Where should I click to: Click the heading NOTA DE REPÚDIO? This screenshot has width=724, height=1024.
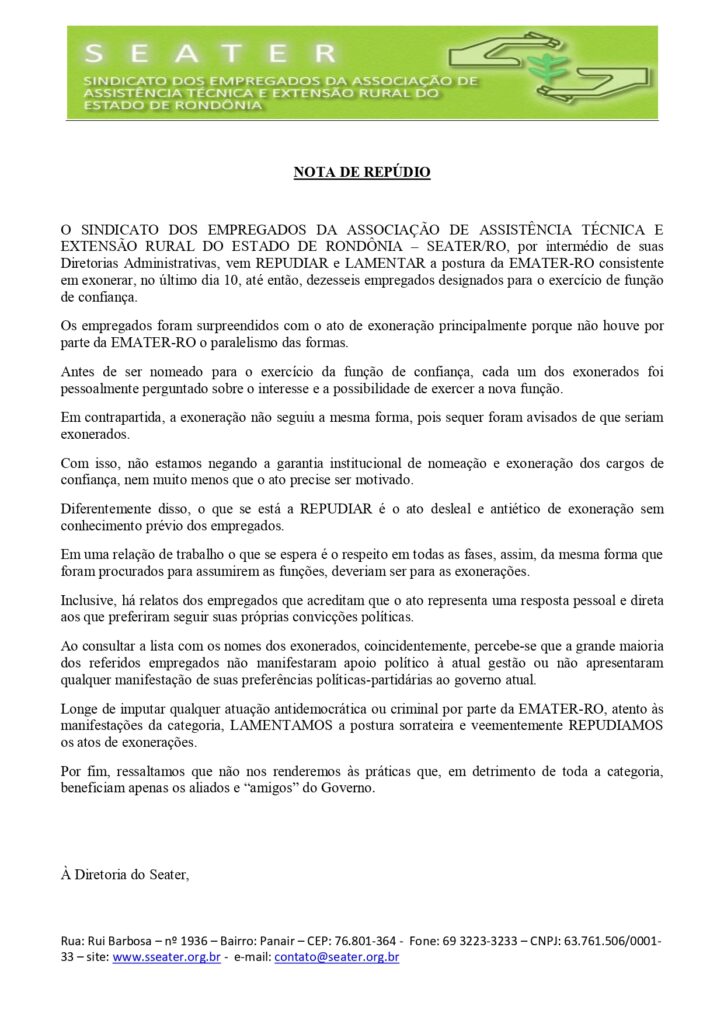(x=362, y=172)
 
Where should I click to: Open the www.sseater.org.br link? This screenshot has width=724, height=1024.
(x=167, y=957)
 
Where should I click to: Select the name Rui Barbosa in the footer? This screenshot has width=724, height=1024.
(x=115, y=941)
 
